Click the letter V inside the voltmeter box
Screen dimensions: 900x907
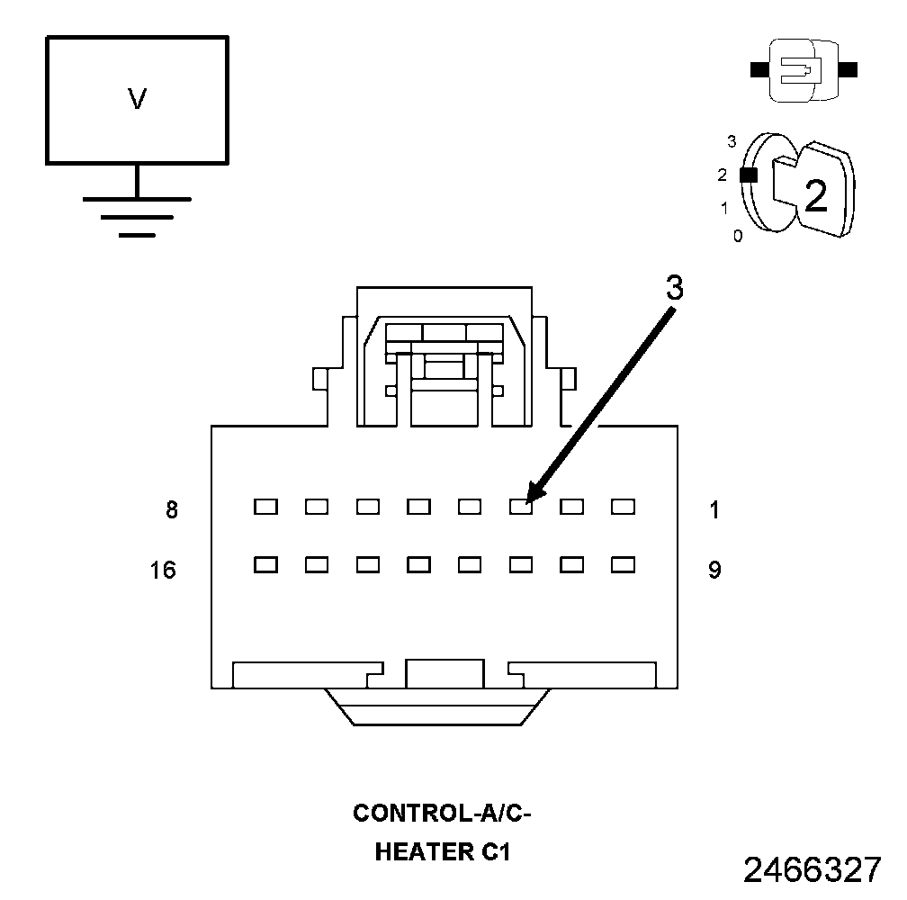(137, 99)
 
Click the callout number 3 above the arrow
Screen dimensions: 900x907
(674, 288)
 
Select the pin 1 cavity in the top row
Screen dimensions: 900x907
(623, 507)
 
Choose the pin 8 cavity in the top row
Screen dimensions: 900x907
(265, 507)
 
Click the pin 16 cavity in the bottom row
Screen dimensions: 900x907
(265, 565)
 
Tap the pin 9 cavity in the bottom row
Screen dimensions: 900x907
(623, 565)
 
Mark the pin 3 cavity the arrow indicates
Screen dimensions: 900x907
(521, 507)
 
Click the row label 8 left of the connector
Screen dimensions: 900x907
(172, 510)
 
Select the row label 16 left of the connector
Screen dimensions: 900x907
(163, 570)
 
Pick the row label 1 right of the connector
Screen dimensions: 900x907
(714, 510)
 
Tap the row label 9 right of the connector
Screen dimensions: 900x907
(714, 570)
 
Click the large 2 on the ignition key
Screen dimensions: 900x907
(815, 196)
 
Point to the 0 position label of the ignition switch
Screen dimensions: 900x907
(738, 237)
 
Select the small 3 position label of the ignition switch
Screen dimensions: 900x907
(732, 141)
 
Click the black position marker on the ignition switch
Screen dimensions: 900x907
(748, 175)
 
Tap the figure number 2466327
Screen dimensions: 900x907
(812, 870)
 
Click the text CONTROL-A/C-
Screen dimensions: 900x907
(443, 814)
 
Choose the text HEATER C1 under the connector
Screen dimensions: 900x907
(443, 851)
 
